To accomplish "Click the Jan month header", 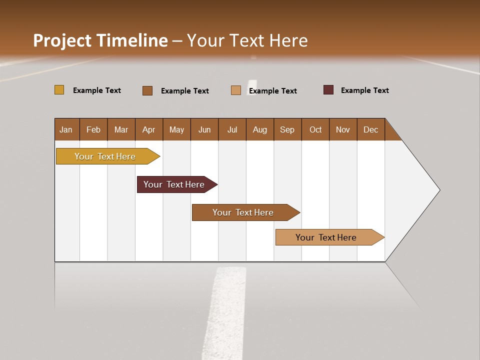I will tap(66, 129).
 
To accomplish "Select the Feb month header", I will tap(93, 129).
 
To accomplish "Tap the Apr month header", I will tap(149, 129).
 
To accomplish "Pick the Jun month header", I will tap(204, 129).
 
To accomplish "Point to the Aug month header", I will tap(260, 129).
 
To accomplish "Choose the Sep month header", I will tap(287, 129).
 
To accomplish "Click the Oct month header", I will tap(315, 129).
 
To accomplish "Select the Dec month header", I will tap(371, 129).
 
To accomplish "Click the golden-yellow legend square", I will tap(59, 90).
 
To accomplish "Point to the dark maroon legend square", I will tap(328, 90).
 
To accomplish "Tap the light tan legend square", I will tap(236, 90).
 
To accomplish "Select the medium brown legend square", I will tap(147, 90).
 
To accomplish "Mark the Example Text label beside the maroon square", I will tap(365, 90).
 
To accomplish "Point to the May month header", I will tap(176, 129).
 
